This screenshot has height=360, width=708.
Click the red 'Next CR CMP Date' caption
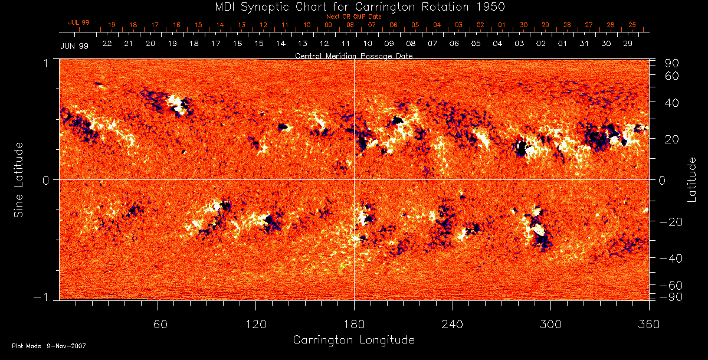point(354,17)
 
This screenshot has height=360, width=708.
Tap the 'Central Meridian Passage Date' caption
point(353,55)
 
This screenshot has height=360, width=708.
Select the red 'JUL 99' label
point(78,22)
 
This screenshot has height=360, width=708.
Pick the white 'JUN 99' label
point(74,45)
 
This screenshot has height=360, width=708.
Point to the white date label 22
point(107,44)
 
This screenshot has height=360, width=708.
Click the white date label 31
point(584,44)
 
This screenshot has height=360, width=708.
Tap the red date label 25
point(632,25)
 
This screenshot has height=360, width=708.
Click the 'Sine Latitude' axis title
point(19,179)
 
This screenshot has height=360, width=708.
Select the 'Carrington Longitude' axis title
point(353,340)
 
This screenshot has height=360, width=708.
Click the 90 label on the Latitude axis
point(672,63)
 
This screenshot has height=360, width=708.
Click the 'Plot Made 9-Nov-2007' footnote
point(49,346)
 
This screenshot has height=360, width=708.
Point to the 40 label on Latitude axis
point(672,103)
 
